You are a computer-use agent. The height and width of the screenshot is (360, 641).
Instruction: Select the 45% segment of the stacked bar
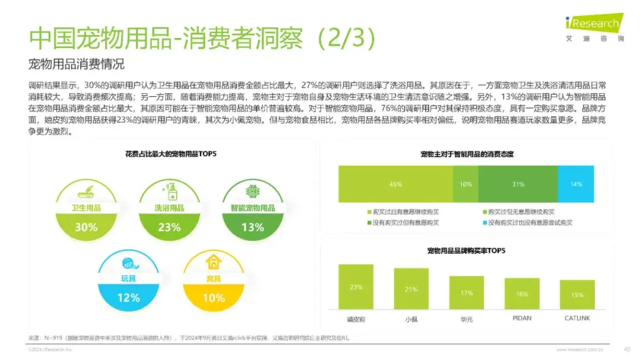395,184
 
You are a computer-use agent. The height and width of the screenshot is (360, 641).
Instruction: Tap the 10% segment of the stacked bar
465,184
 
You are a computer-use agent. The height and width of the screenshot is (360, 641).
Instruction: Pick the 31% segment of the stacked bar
518,184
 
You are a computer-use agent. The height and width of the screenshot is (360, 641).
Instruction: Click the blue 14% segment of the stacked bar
576,184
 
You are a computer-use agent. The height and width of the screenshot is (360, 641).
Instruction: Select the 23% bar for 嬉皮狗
356,287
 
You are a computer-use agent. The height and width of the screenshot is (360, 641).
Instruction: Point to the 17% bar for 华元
467,293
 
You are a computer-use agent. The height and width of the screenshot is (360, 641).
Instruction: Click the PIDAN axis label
522,318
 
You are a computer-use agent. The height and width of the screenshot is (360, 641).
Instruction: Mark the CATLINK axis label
577,318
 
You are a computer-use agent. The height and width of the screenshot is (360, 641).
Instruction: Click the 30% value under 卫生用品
86,227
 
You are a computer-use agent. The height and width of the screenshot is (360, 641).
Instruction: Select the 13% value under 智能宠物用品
252,227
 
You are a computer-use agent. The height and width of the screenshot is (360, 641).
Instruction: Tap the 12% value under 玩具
128,298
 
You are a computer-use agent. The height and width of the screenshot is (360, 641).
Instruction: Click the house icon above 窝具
212,262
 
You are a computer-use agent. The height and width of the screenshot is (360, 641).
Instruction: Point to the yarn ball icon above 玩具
129,262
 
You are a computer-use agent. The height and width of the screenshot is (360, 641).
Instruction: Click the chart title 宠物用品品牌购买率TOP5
466,251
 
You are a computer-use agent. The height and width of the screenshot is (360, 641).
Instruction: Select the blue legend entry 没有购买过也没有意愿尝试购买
521,222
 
